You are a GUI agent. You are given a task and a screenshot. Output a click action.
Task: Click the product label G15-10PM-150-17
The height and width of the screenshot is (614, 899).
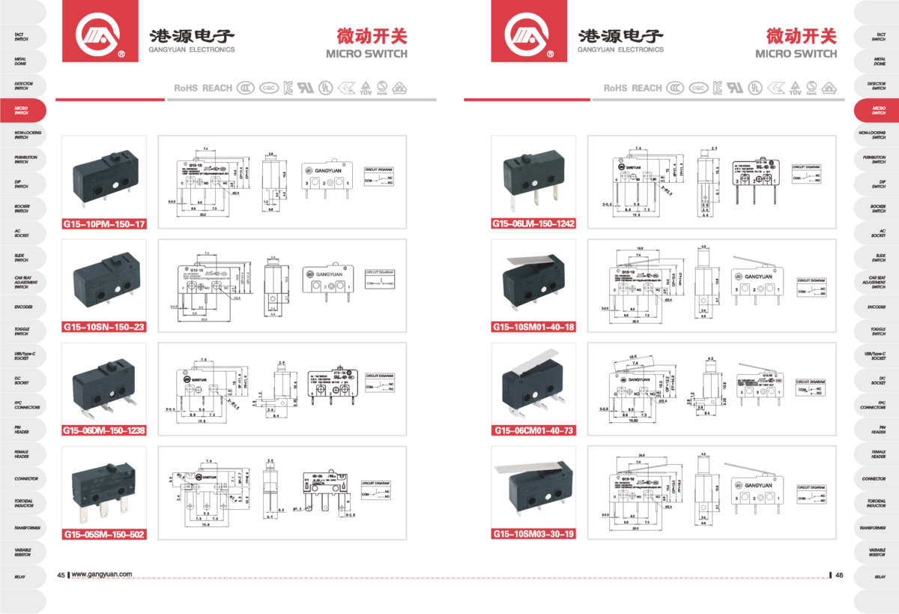104,223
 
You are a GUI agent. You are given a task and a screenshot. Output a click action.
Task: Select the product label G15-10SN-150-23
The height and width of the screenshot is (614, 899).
104,327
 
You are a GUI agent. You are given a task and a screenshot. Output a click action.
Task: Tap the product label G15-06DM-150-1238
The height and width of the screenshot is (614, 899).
104,430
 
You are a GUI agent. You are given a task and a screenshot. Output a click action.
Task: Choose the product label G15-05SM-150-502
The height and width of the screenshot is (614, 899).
104,535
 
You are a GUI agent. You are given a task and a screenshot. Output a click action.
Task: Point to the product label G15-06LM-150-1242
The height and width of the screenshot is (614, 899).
533,223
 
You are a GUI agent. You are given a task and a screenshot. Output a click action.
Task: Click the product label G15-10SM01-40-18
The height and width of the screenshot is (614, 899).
533,327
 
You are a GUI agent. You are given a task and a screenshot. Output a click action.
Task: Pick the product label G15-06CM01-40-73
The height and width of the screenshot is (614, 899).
533,430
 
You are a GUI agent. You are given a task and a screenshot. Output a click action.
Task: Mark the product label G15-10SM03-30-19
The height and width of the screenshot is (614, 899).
533,535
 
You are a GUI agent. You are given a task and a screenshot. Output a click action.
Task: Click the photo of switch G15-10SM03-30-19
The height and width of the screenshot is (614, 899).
532,487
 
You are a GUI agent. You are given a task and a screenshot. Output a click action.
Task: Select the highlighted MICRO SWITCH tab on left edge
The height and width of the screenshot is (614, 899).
22,110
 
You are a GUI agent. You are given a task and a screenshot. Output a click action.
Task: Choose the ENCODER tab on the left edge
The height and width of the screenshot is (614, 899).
22,307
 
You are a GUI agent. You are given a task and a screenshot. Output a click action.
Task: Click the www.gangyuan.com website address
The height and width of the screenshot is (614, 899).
102,575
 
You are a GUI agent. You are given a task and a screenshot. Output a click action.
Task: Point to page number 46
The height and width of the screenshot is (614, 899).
839,575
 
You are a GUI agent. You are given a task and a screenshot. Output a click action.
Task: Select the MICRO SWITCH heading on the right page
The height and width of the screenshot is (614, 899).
796,54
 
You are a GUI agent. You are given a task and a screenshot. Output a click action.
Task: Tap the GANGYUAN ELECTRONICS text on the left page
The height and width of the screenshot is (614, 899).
192,49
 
